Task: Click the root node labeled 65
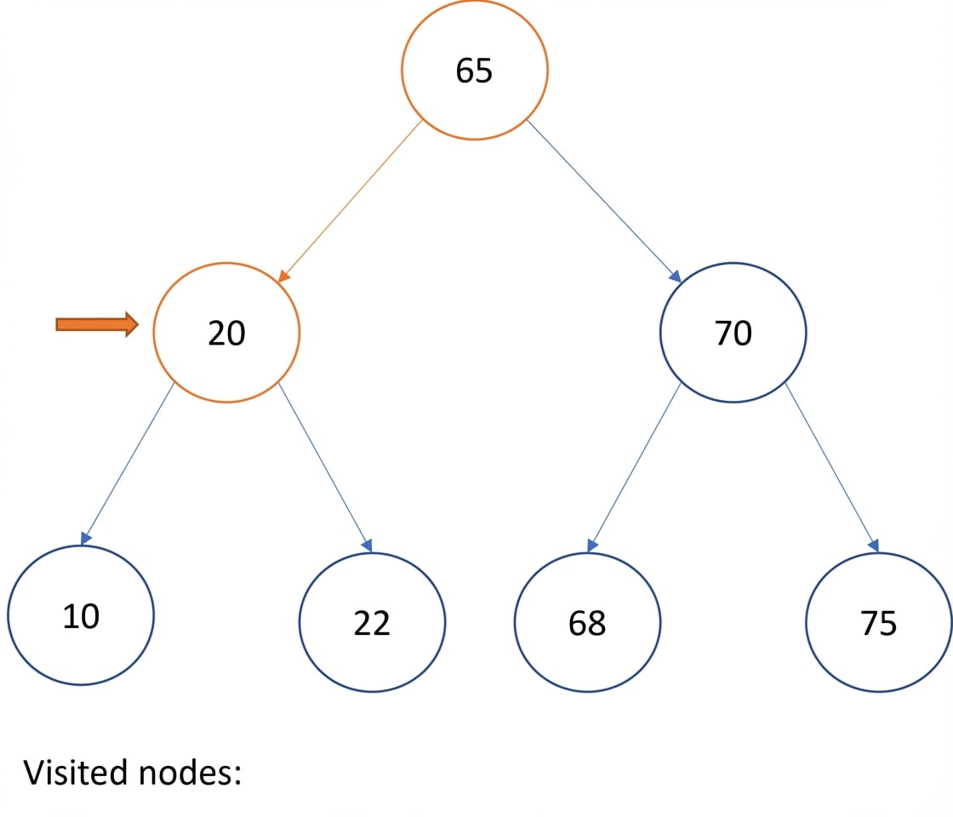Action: tap(474, 70)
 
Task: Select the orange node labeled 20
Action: tap(226, 333)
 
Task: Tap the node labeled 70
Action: tap(733, 333)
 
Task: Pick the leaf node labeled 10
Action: tap(81, 615)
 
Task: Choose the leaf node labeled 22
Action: tap(372, 622)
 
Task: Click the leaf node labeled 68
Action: tap(587, 622)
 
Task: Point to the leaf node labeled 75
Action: tap(879, 622)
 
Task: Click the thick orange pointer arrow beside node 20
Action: tap(97, 324)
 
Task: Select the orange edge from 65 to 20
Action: tap(350, 201)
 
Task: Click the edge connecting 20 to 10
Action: tap(128, 464)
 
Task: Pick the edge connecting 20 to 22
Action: tap(325, 467)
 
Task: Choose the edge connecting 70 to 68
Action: tap(634, 467)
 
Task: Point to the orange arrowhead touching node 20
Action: tap(283, 277)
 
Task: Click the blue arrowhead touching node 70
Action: tap(675, 277)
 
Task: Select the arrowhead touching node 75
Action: tap(874, 546)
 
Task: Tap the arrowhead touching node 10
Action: tap(86, 539)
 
